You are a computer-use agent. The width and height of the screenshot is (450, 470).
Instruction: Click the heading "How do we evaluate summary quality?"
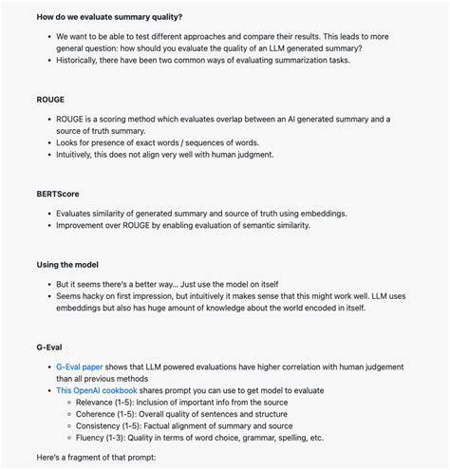coord(97,17)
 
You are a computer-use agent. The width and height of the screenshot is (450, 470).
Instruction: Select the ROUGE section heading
coord(51,99)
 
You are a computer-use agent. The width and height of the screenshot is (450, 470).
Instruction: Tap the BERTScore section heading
coord(59,194)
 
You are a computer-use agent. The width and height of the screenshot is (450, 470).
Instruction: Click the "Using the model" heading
coord(67,264)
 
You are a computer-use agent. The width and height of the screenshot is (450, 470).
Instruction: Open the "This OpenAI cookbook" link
coord(97,390)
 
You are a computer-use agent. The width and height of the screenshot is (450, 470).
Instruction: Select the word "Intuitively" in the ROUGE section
coord(80,154)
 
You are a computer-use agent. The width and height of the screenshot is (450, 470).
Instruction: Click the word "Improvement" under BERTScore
coord(85,225)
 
